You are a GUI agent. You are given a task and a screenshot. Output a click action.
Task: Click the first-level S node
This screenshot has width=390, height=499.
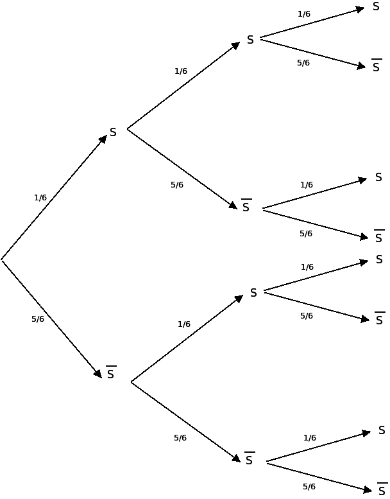pos(113,132)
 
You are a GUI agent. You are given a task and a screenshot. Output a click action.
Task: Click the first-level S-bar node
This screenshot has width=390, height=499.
pos(110,373)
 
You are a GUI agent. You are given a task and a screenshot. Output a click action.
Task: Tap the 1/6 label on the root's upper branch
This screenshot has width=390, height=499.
pos(40,198)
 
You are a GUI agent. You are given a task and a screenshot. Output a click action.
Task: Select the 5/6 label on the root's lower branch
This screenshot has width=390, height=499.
pos(38,319)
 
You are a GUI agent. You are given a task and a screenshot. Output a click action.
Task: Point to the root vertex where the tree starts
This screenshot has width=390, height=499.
pos(2,259)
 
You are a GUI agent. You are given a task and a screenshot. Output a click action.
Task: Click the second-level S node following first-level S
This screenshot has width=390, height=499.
pos(250,40)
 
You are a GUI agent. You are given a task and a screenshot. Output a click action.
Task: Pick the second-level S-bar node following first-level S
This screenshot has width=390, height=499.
pos(246,207)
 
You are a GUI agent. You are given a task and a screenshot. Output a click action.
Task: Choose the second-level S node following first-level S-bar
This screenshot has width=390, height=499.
pos(253,293)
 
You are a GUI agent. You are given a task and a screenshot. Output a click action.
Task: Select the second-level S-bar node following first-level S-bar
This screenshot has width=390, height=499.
pos(250,460)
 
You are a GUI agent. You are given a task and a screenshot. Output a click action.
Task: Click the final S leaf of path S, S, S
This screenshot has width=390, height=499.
pos(376,7)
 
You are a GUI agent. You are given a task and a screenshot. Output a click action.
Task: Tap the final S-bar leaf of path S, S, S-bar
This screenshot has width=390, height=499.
pos(377,66)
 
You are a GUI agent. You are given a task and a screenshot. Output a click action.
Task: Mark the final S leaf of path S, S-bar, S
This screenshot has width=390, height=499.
pos(378,177)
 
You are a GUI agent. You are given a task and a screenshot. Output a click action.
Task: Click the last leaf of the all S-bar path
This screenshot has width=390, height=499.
pos(382,490)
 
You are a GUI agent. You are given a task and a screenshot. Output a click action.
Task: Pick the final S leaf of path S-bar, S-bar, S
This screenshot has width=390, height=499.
pos(382,430)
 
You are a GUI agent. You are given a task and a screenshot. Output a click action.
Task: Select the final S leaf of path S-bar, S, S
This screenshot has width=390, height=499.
pos(379,259)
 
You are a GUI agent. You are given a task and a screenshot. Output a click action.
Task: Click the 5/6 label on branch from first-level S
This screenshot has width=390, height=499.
pos(177,185)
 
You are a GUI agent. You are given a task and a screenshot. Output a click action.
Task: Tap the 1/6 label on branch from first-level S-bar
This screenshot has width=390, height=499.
pos(184,324)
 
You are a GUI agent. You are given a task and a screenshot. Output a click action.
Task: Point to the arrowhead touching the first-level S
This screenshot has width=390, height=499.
pos(103,139)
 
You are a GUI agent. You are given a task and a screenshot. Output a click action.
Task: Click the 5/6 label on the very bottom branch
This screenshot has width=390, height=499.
pos(309,487)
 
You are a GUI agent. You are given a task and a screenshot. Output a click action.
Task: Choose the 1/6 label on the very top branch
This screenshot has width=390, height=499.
pos(304,14)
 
